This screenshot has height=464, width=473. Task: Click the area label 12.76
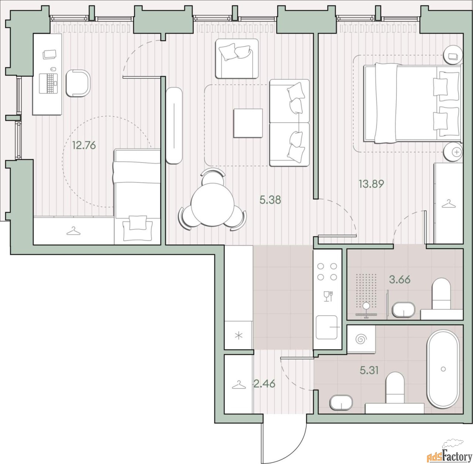click(84, 145)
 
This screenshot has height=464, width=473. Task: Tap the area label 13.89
click(371, 184)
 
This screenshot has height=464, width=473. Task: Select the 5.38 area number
click(270, 200)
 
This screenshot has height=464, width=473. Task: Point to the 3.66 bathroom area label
click(400, 279)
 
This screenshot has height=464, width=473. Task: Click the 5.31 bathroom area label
click(369, 371)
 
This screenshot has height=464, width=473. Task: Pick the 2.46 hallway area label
click(264, 390)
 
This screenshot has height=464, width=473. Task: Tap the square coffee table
click(248, 123)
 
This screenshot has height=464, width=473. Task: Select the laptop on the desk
click(49, 83)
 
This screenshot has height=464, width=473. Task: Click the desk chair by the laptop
click(78, 83)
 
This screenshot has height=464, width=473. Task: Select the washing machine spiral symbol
click(361, 340)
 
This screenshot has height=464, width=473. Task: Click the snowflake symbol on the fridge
click(239, 336)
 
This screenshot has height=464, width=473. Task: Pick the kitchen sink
click(327, 327)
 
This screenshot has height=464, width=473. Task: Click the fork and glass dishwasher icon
click(328, 296)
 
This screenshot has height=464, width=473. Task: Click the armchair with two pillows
click(237, 59)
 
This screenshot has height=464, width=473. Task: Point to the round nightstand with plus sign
click(453, 152)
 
